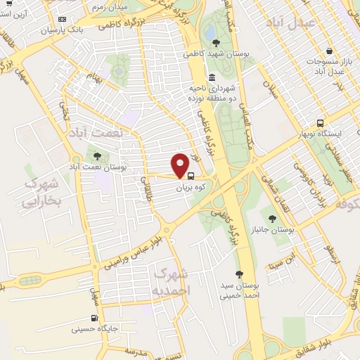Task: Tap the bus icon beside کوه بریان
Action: tap(192, 176)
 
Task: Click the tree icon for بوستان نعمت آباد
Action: tap(96, 156)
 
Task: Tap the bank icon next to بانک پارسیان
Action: tap(63, 19)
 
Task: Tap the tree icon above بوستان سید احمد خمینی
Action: tap(239, 274)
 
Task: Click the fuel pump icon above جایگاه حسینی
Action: tap(94, 315)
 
